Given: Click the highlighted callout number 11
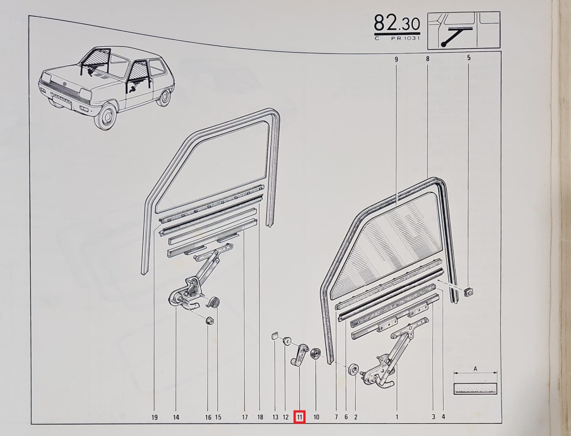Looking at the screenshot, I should pyautogui.click(x=300, y=417).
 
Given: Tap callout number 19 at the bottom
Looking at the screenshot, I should pyautogui.click(x=154, y=417).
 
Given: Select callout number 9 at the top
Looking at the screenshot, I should pyautogui.click(x=397, y=58).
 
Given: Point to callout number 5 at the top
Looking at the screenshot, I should pyautogui.click(x=469, y=58).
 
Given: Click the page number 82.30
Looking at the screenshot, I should pyautogui.click(x=397, y=23).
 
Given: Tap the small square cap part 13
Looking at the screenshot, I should pyautogui.click(x=275, y=336).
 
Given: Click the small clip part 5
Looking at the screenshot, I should pyautogui.click(x=468, y=292).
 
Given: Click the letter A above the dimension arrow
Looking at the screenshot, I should pyautogui.click(x=475, y=369).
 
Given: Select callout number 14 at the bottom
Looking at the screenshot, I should pyautogui.click(x=176, y=417).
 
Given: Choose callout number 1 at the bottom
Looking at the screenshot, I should pyautogui.click(x=397, y=417).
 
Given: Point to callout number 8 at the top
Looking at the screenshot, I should pyautogui.click(x=427, y=58).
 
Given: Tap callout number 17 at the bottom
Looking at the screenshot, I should pyautogui.click(x=245, y=417).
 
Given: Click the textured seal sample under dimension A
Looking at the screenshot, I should pyautogui.click(x=475, y=388).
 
